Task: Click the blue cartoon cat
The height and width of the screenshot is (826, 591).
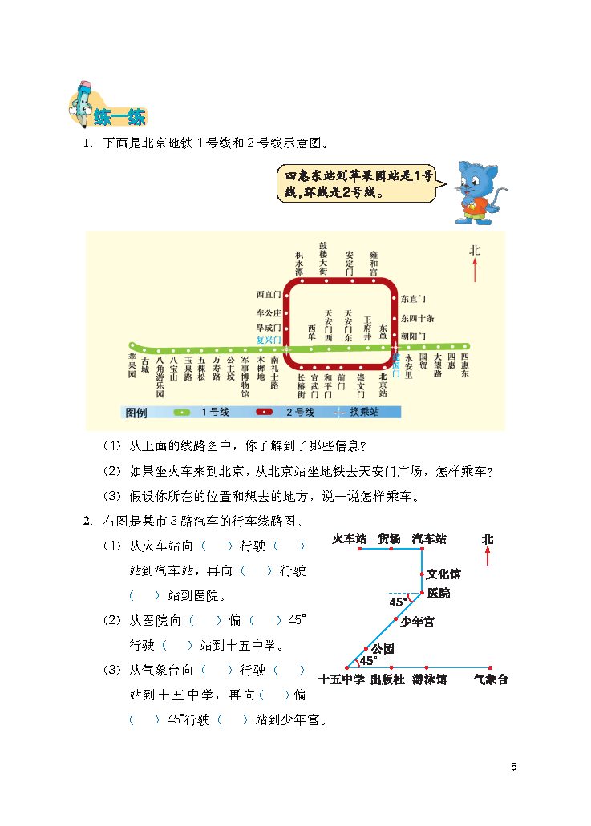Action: coord(478,191)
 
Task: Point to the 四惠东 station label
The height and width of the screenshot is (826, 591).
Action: coord(465,365)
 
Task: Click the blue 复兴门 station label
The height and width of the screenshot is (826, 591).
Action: coord(268,340)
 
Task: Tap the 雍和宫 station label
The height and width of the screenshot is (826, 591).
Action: coord(374,262)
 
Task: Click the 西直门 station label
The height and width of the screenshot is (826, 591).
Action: coord(269,296)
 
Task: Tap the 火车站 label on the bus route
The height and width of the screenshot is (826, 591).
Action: coord(350,538)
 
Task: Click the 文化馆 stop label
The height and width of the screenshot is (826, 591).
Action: coord(443,574)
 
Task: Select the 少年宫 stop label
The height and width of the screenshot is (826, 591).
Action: coord(417,622)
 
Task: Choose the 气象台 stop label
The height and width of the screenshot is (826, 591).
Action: coord(490,680)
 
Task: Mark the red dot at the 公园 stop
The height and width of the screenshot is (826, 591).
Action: coord(366,648)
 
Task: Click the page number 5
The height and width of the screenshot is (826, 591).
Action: coord(513,767)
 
